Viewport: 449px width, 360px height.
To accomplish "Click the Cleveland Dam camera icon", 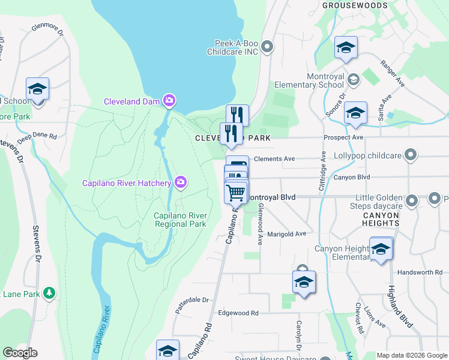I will [x=170, y=100].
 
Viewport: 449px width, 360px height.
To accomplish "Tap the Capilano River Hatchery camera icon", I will [x=181, y=181].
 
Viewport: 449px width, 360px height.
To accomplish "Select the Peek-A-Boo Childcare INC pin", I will [x=268, y=47].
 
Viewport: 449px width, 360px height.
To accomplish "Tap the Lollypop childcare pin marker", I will [x=411, y=155].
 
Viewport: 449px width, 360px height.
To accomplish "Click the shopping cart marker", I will [x=236, y=193].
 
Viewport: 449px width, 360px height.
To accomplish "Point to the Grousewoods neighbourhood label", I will [x=355, y=5].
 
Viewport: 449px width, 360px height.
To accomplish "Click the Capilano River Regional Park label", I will [x=180, y=220].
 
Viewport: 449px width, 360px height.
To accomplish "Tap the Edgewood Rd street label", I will [x=238, y=313].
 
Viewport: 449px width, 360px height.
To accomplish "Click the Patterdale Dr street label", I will [x=191, y=299].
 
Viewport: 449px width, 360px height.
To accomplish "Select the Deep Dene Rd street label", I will [x=37, y=137].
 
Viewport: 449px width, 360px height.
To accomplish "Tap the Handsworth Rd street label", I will [x=420, y=272].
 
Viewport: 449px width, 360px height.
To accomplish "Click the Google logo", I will [x=20, y=353].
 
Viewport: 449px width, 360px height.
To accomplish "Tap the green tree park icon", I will [x=49, y=293].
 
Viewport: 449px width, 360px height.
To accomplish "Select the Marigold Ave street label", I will [x=286, y=234].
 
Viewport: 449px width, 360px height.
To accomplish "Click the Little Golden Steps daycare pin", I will [x=412, y=200].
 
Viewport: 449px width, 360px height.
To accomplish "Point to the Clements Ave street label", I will [x=274, y=159].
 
